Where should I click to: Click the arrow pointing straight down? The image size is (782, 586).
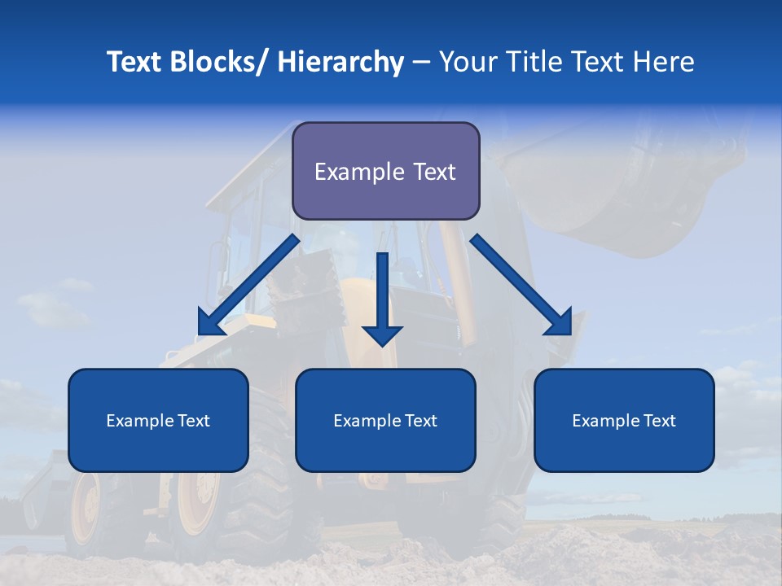pyautogui.click(x=382, y=301)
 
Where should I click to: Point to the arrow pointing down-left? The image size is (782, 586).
pyautogui.click(x=244, y=287)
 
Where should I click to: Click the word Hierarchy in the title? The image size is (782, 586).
pyautogui.click(x=340, y=62)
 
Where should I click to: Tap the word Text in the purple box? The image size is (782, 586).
pyautogui.click(x=433, y=172)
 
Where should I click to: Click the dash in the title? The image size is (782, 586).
pyautogui.click(x=421, y=62)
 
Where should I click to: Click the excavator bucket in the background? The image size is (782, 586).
pyautogui.click(x=619, y=195)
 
